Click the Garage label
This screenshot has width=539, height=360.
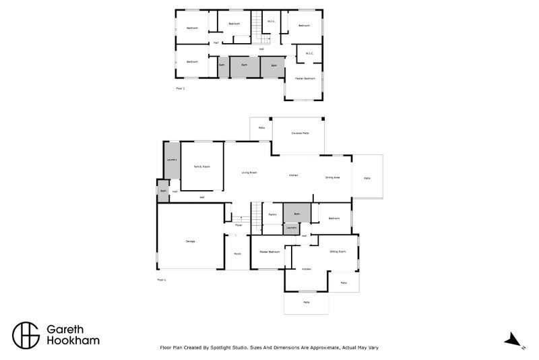pos(190,241)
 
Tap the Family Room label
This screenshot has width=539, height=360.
pos(201,166)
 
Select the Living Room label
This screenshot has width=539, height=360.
pos(249,173)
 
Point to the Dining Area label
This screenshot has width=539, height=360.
pos(332,177)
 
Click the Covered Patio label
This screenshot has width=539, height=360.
pos(300,133)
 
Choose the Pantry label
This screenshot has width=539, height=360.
pos(272,214)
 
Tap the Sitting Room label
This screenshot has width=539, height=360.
pos(338,251)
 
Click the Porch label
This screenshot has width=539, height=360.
pos(237,253)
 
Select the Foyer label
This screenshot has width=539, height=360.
pos(239,224)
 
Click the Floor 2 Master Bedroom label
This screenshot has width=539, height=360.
pos(305,79)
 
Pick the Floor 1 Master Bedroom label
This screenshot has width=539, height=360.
pos(269,251)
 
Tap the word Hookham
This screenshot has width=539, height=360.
pos(73,340)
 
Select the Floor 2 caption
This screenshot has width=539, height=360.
pos(180,88)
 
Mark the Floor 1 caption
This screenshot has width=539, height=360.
pos(161,278)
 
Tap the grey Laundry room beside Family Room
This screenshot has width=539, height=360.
pos(171,160)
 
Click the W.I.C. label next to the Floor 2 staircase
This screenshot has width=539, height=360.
pos(271,21)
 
